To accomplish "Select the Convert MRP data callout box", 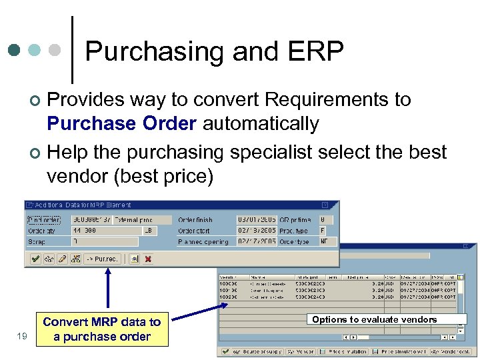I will click(101, 329).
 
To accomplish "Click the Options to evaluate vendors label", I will click(374, 319).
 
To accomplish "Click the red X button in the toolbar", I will click(147, 259).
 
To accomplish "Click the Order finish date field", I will click(256, 219).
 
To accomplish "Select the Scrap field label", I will click(37, 241).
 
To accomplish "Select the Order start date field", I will click(256, 231).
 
